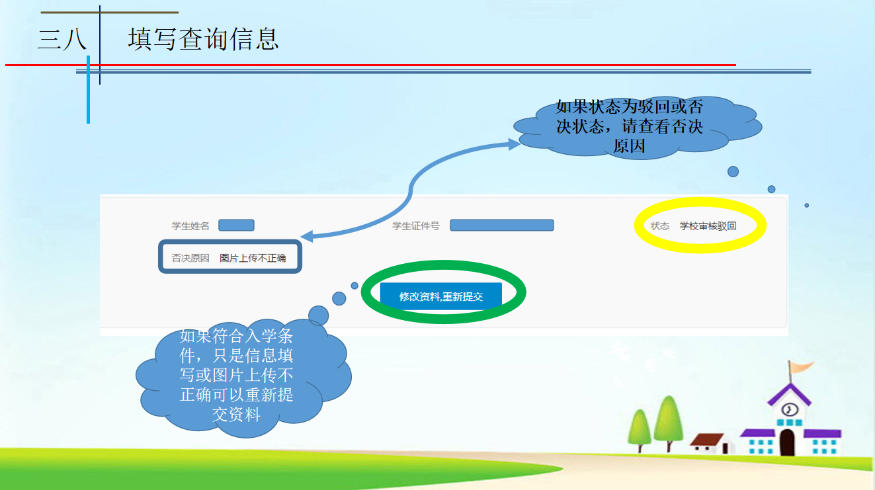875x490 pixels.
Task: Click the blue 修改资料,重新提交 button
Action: point(440,296)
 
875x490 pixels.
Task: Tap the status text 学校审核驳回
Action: point(708,226)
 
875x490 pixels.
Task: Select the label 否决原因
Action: point(190,258)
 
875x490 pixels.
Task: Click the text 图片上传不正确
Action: point(253,258)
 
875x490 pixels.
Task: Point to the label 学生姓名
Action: point(190,226)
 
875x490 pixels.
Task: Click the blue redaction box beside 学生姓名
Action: point(236,225)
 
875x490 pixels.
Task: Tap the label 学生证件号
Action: point(415,226)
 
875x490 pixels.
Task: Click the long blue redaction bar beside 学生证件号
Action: point(502,225)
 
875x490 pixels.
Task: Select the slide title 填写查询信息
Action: point(203,39)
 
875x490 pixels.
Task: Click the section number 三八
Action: point(62,39)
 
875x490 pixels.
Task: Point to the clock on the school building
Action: point(790,409)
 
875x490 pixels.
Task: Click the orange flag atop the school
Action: point(801,366)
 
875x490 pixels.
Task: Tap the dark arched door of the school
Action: point(787,442)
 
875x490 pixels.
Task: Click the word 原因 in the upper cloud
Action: point(629,146)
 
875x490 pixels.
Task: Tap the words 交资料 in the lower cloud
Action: point(236,414)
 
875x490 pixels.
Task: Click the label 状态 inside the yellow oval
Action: point(660,226)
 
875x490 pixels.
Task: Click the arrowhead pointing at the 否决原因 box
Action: point(307,236)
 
